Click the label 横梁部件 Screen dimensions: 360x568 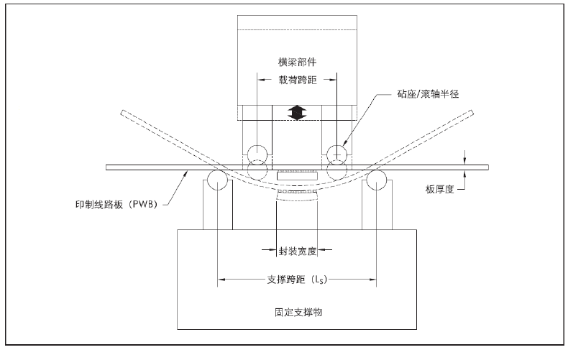point(297,62)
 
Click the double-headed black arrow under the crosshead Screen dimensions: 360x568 point(296,112)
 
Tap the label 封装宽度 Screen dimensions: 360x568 point(296,252)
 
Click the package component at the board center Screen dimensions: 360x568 point(296,176)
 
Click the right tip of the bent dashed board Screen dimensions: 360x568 point(470,113)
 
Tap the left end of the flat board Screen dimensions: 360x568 point(108,168)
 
